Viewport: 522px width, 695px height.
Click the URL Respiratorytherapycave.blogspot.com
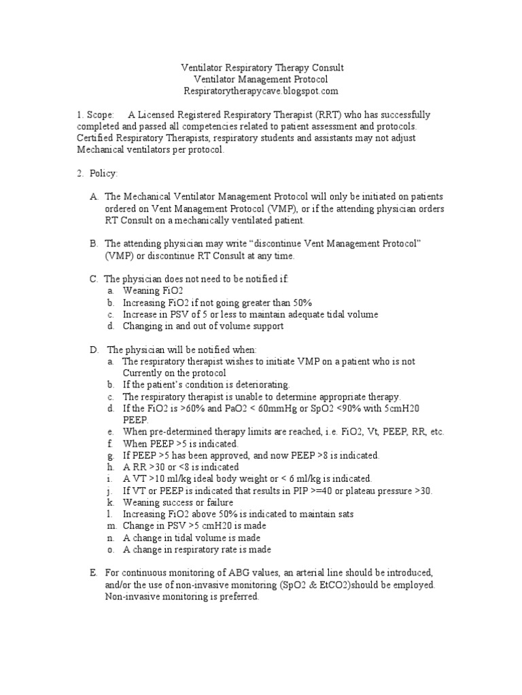(261, 91)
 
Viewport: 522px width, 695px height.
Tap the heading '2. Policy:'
(97, 174)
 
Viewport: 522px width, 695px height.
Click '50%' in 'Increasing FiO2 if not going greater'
(300, 303)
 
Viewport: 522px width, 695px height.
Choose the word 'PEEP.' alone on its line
(135, 419)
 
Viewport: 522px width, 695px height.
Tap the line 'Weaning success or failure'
(178, 503)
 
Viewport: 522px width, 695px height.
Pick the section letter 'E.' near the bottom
(93, 573)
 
